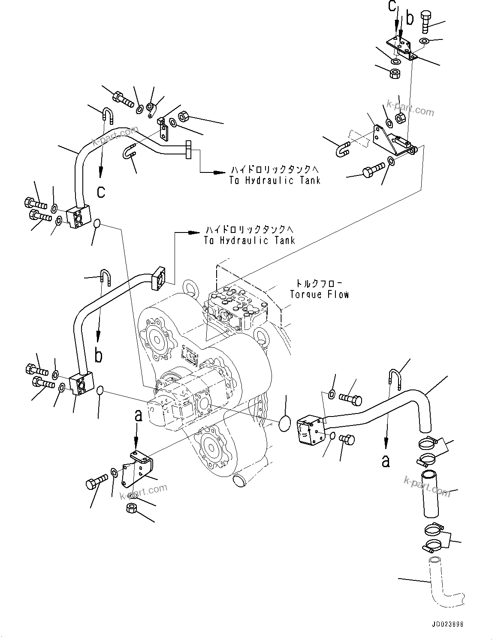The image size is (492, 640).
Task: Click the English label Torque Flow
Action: pyautogui.click(x=319, y=294)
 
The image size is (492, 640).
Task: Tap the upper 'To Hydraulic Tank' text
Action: pyautogui.click(x=275, y=181)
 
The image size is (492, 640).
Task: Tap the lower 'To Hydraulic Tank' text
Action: pyautogui.click(x=250, y=240)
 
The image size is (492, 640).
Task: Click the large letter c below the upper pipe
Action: pyautogui.click(x=101, y=191)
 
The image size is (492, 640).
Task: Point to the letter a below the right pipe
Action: pyautogui.click(x=386, y=461)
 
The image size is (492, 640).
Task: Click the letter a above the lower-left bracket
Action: pyautogui.click(x=138, y=415)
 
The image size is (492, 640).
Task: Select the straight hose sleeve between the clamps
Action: pyautogui.click(x=429, y=493)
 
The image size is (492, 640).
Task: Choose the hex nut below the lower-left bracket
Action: pyautogui.click(x=132, y=509)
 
